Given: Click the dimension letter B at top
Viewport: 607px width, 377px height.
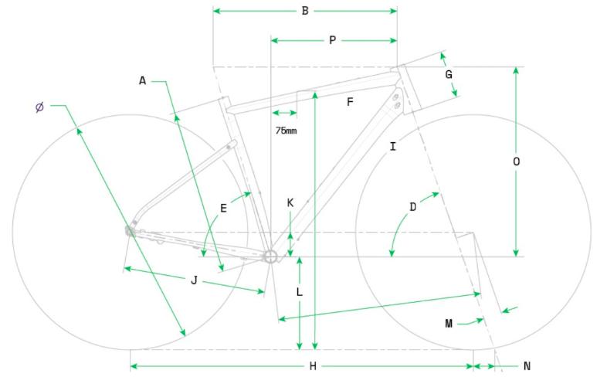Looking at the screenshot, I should click(305, 11).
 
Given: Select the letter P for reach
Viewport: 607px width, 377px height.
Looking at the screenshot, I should click(332, 40).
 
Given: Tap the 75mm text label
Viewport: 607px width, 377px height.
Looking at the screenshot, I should click(286, 131).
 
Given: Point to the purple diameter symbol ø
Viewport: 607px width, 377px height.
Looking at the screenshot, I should click(39, 107).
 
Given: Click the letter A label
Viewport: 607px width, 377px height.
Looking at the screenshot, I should click(143, 80).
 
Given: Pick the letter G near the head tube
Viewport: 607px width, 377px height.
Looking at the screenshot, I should click(449, 75).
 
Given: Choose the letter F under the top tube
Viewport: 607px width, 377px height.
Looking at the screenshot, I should click(350, 102).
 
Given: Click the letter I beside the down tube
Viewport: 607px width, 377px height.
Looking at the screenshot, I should click(393, 146).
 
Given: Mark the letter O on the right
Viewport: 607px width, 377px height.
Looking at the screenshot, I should click(516, 161).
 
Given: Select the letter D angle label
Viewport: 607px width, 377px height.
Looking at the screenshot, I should click(413, 207).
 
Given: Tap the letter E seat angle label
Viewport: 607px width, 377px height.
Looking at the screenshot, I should click(223, 208).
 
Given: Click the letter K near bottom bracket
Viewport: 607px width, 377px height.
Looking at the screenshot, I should click(290, 202).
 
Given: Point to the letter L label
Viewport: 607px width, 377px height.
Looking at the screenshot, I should click(300, 293).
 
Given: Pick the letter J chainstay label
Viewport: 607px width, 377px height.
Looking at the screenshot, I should click(194, 280).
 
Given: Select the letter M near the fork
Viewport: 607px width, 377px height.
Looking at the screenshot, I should click(449, 324).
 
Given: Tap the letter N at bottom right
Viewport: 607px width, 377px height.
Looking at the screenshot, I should click(527, 366).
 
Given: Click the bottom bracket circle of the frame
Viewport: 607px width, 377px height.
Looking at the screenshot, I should click(270, 256).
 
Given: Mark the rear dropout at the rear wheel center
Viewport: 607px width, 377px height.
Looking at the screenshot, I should click(131, 229).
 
